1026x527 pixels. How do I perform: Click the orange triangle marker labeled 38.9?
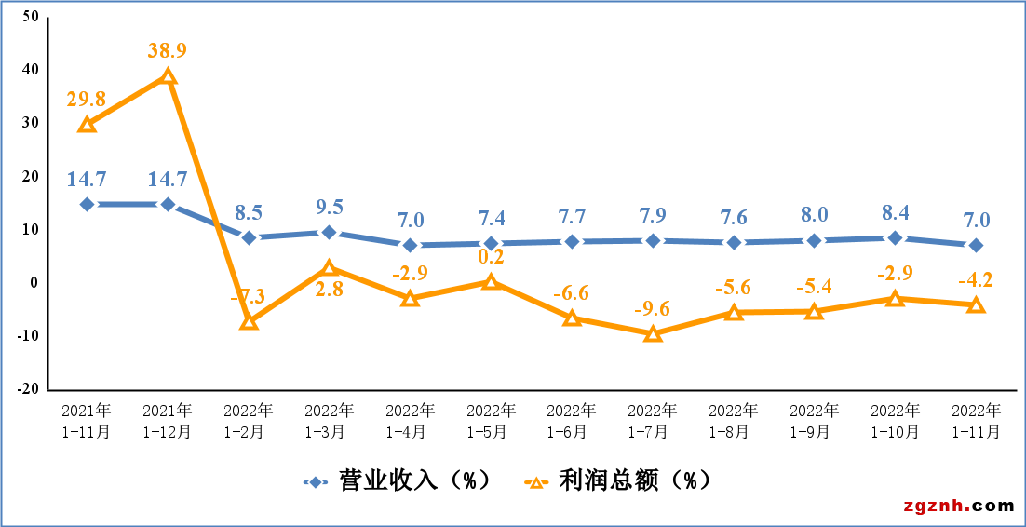[x=168, y=76]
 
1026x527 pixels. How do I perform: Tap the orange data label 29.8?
[x=87, y=99]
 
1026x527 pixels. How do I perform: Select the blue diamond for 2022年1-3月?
[x=330, y=232]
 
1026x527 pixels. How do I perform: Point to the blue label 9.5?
[x=330, y=207]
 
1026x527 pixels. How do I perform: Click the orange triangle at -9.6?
[x=653, y=333]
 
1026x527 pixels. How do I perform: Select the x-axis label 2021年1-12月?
[x=168, y=421]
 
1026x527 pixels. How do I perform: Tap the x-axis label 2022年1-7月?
[x=653, y=421]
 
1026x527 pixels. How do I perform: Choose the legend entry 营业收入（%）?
[x=396, y=480]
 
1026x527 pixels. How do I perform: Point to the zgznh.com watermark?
[x=958, y=506]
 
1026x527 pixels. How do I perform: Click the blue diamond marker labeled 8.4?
[x=895, y=237]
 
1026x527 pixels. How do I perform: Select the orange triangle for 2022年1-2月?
[x=249, y=321]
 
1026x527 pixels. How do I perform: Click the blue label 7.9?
[x=653, y=215]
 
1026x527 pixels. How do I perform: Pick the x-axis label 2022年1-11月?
[x=976, y=421]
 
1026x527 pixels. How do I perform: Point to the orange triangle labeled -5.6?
[x=734, y=313]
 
